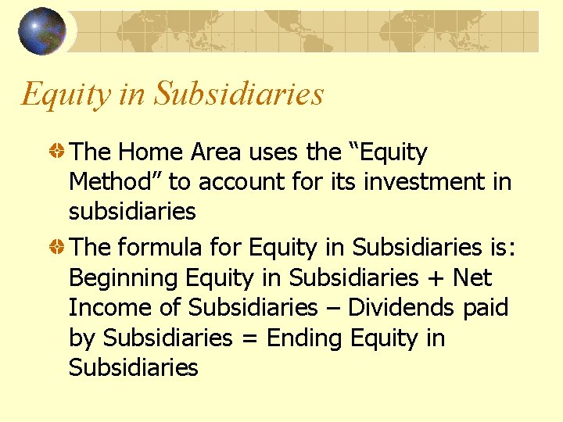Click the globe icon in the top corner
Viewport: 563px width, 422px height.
click(42, 31)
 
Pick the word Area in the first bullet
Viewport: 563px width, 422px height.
click(209, 152)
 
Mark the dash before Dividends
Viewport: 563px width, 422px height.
click(332, 309)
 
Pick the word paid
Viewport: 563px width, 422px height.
click(486, 308)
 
